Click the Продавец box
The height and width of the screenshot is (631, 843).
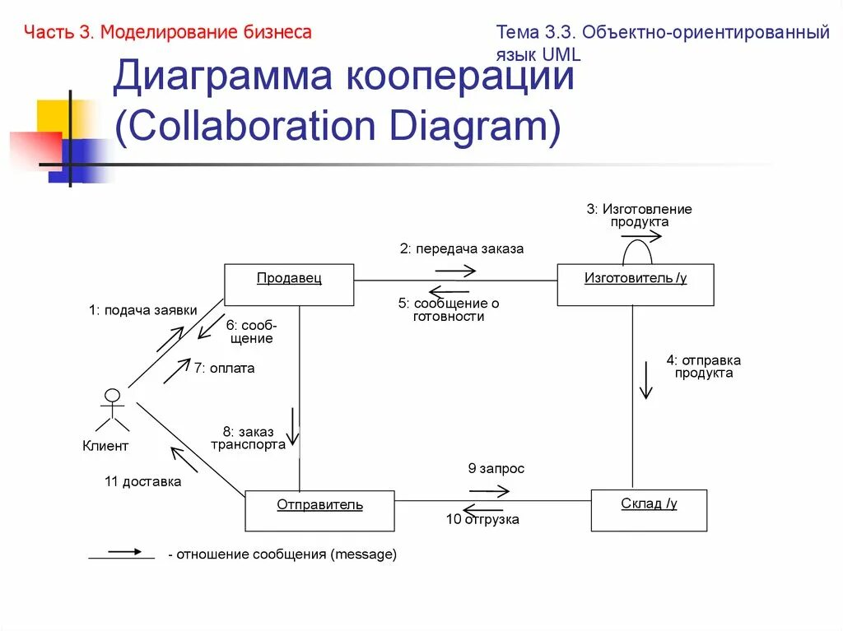289,285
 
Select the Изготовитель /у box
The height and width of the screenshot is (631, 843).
635,285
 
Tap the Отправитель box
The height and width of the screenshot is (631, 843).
319,510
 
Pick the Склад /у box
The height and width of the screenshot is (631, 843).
649,510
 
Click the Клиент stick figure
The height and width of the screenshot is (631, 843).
112,409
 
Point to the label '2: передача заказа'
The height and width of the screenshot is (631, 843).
462,248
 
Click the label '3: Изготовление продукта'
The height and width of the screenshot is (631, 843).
639,216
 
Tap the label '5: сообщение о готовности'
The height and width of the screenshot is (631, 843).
449,309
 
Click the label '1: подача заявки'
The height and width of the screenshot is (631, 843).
143,310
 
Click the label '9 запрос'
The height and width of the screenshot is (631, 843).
496,469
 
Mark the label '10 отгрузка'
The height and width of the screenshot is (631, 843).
482,520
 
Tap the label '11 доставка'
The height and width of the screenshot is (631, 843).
142,482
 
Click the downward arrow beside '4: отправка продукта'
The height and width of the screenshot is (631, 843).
645,380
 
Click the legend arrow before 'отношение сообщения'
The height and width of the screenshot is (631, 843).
122,554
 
